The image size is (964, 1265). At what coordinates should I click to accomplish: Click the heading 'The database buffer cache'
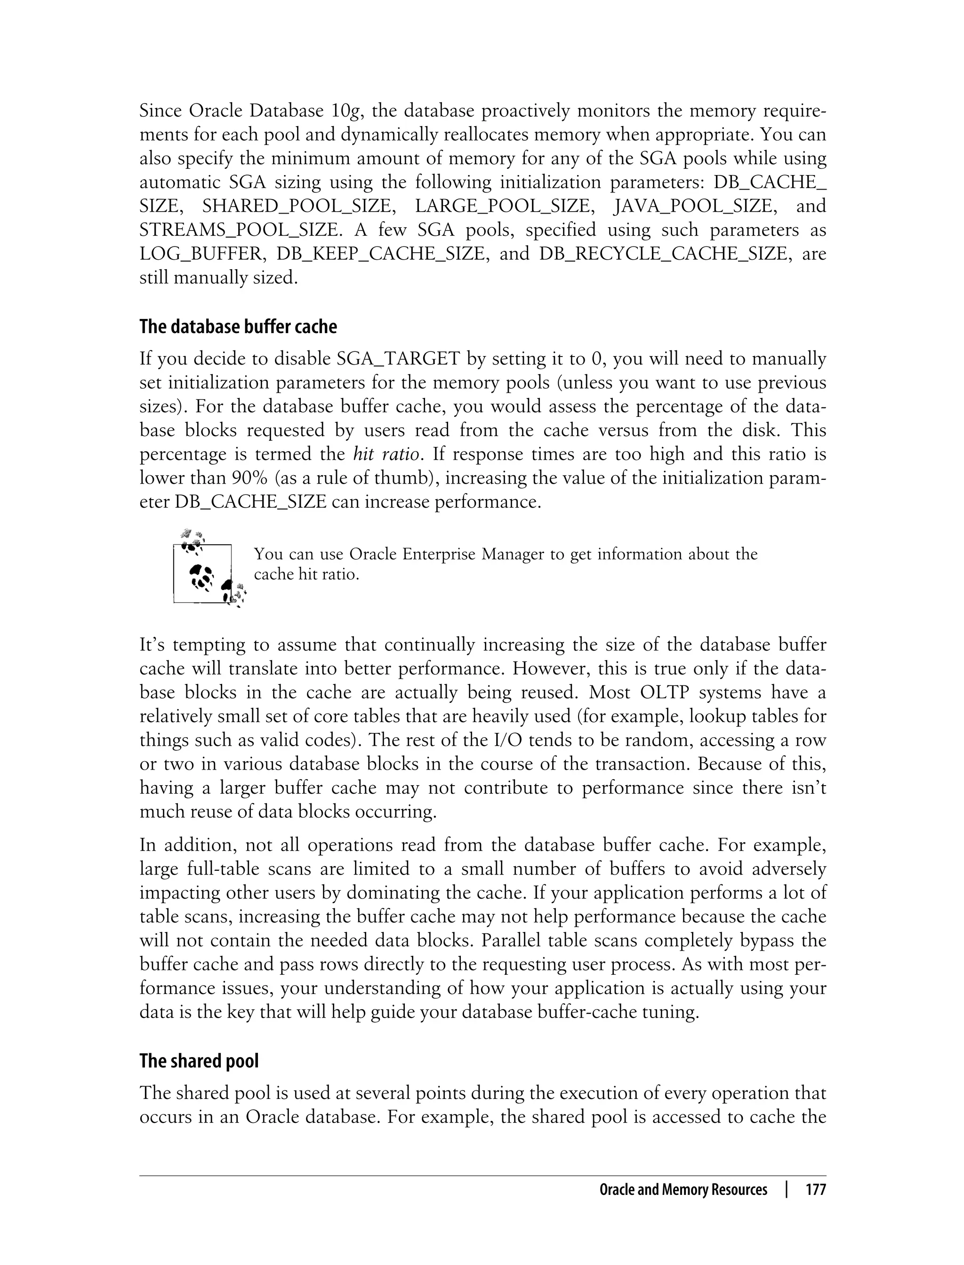[238, 327]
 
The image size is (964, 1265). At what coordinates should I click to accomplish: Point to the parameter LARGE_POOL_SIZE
[502, 206]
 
